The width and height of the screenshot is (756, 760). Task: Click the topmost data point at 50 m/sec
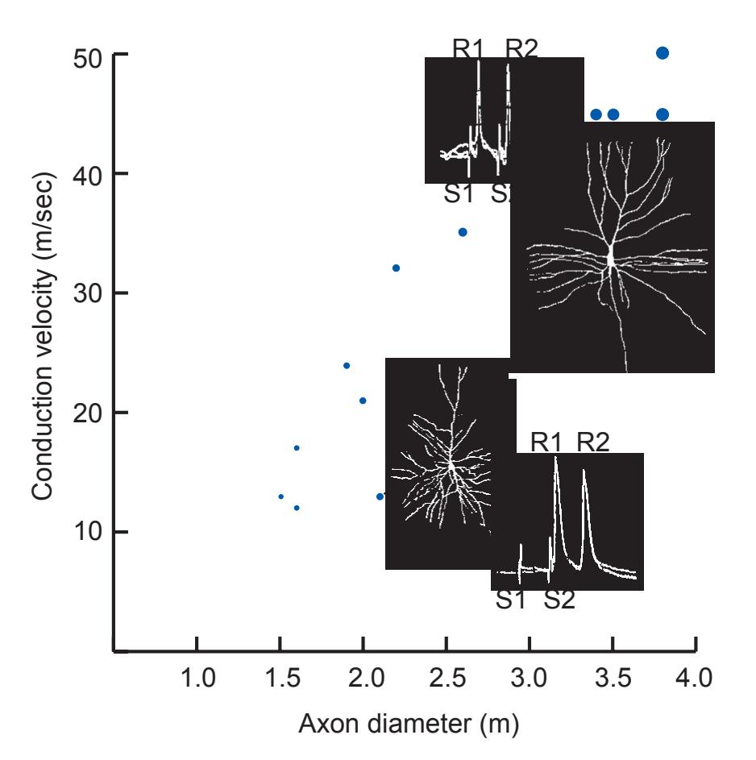pyautogui.click(x=663, y=53)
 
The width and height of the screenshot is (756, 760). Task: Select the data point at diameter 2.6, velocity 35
pyautogui.click(x=463, y=232)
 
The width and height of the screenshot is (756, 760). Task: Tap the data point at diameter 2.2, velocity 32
pyautogui.click(x=396, y=268)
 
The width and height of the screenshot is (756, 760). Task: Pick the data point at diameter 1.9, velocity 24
pyautogui.click(x=347, y=366)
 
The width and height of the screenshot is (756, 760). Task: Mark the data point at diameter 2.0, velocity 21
pyautogui.click(x=363, y=401)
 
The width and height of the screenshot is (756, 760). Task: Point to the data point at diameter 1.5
pyautogui.click(x=280, y=496)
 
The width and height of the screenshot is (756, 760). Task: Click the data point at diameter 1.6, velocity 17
pyautogui.click(x=297, y=448)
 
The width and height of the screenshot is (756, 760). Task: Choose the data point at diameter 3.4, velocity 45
pyautogui.click(x=596, y=114)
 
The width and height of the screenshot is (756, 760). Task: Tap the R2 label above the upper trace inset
pyautogui.click(x=521, y=48)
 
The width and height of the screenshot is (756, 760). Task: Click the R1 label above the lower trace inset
pyautogui.click(x=546, y=442)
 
